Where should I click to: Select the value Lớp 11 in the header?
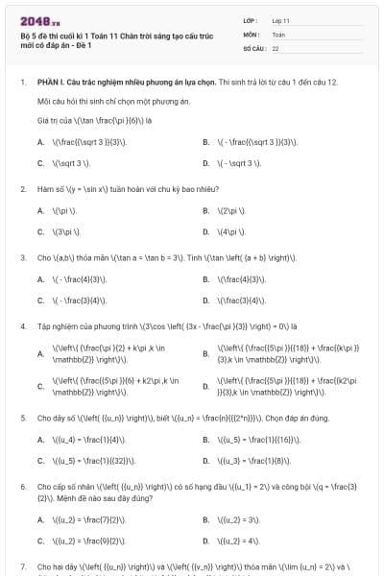pyautogui.click(x=281, y=19)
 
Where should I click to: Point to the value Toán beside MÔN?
pyautogui.click(x=278, y=33)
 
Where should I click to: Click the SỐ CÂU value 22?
pyautogui.click(x=276, y=47)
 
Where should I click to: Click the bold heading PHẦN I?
pyautogui.click(x=50, y=83)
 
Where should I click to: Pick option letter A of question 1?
pyautogui.click(x=40, y=142)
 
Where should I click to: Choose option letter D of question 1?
pyautogui.click(x=205, y=163)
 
